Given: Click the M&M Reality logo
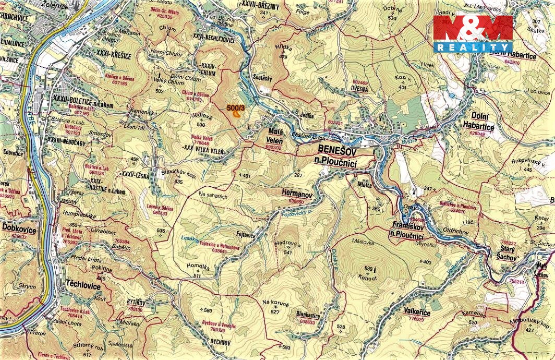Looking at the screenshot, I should click(x=473, y=34).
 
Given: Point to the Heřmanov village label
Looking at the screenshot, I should click(x=297, y=193).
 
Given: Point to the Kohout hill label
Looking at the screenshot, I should click(x=368, y=278).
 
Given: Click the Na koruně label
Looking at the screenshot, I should click(x=274, y=303).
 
